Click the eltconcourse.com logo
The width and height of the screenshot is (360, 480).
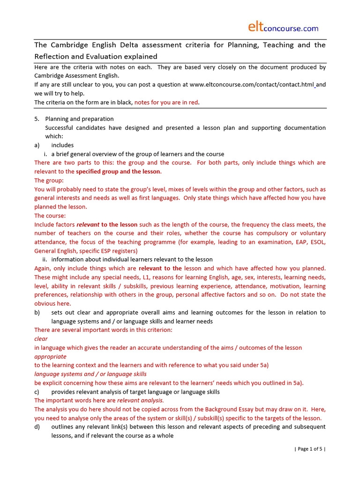coord(283,28)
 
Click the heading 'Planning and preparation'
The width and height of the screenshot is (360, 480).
coord(79,119)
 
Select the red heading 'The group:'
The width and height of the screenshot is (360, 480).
coord(49,180)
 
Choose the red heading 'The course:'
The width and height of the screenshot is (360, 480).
coord(50,216)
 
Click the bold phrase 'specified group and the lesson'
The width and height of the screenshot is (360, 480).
coord(118,172)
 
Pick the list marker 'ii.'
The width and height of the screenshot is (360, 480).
coord(45,260)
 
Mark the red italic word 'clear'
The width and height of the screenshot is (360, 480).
coord(41,339)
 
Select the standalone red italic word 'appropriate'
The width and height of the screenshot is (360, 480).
coord(50,357)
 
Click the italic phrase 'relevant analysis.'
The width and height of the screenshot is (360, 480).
coord(140,401)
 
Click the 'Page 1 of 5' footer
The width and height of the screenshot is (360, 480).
coord(310,449)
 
